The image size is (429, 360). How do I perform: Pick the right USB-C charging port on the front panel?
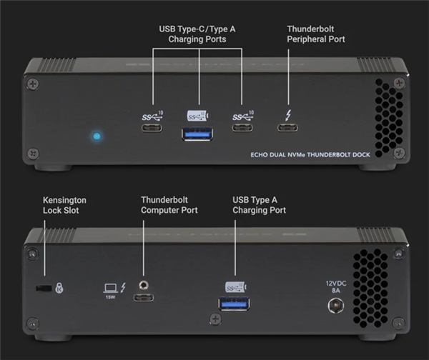tap(242, 129)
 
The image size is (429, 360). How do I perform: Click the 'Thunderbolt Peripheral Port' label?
tap(315, 34)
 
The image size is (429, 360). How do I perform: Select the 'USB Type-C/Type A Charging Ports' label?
tap(197, 34)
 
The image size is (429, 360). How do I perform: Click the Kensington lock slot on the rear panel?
tap(44, 288)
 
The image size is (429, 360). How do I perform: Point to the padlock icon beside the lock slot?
tap(59, 288)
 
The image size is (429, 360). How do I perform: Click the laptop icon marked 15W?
tap(111, 288)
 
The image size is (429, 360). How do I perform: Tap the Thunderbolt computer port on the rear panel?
tap(146, 296)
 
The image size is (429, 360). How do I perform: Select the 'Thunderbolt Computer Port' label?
tap(169, 205)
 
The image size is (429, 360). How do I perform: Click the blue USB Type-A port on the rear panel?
tap(235, 305)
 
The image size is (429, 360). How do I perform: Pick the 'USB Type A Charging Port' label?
tap(259, 205)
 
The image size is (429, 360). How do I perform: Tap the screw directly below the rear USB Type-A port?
tap(213, 319)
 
